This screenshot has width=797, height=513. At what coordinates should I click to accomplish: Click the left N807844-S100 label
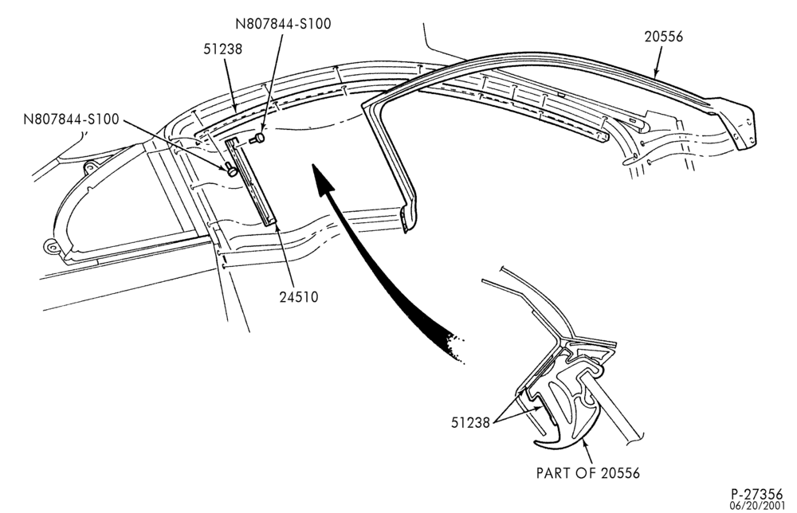click(71, 119)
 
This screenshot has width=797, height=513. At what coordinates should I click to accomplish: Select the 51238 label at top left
click(222, 49)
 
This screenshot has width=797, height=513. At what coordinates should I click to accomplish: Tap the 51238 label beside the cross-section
click(470, 422)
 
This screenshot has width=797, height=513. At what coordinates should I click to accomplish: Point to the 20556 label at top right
click(663, 37)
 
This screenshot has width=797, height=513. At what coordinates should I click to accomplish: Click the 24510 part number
click(299, 296)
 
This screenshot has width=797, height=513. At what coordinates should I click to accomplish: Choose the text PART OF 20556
click(588, 473)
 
